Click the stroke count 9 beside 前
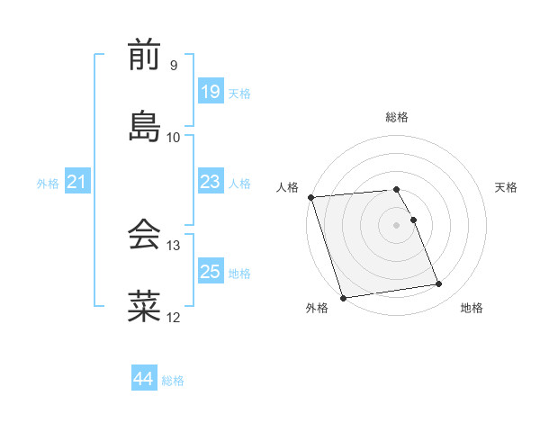173,66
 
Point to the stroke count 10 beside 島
174,137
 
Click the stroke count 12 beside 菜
174,317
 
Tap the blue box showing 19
210,92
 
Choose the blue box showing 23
210,182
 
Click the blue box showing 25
210,272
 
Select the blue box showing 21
77,183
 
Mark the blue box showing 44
143,380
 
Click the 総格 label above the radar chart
397,117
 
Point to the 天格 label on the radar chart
506,187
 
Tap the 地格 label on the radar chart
472,308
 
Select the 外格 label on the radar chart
317,308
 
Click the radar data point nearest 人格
310,197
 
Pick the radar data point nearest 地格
438,284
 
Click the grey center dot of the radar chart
396,225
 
